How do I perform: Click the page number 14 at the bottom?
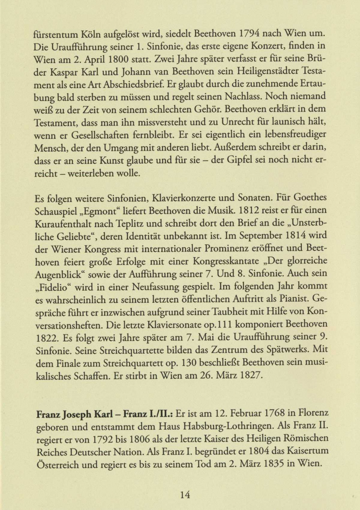[185, 494]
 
